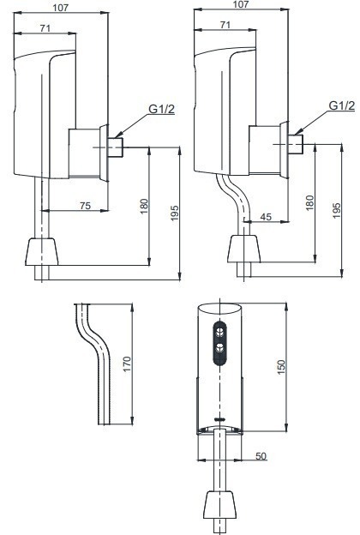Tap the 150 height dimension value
pyautogui.click(x=280, y=365)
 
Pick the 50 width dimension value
pyautogui.click(x=261, y=455)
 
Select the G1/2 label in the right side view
pyautogui.click(x=341, y=106)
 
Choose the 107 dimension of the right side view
pyautogui.click(x=241, y=5)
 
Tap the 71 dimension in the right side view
pyautogui.click(x=225, y=26)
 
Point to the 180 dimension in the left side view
pyautogui.click(x=144, y=206)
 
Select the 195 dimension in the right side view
pyautogui.click(x=336, y=210)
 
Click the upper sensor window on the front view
pyautogui.click(x=222, y=330)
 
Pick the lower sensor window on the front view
pyautogui.click(x=222, y=347)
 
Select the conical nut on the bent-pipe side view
pyautogui.click(x=244, y=249)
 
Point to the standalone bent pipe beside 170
pyautogui.click(x=96, y=360)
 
